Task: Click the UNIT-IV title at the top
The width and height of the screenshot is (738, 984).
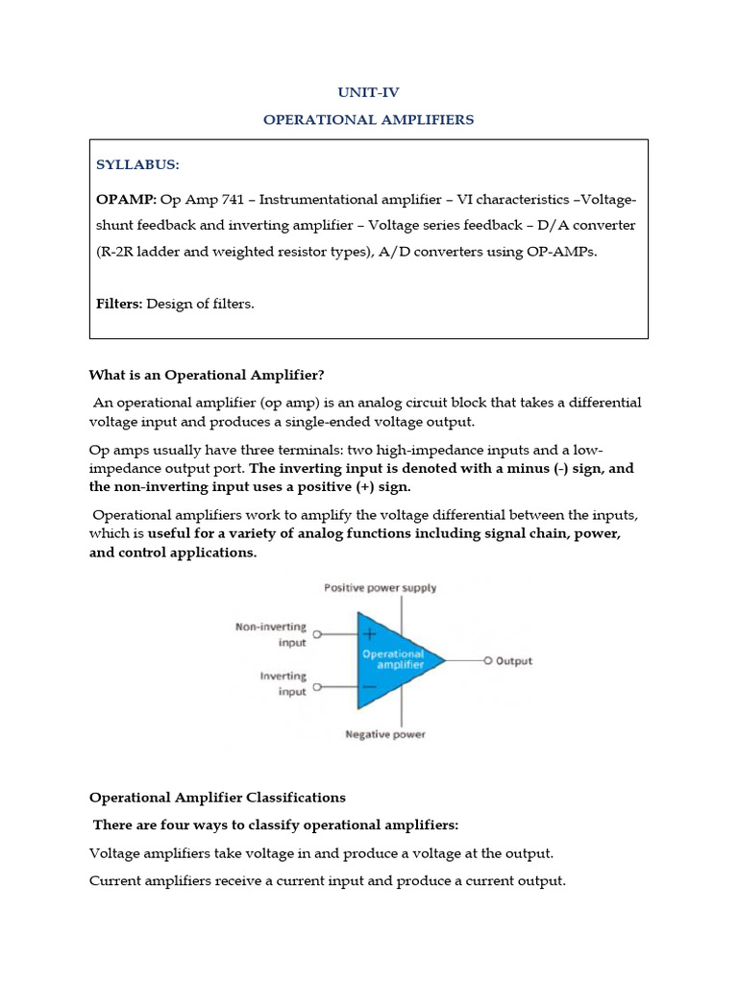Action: coord(368,92)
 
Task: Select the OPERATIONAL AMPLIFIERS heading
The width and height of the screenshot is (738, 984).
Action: coord(369,120)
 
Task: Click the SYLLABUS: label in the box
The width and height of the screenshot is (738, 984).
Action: coord(137,164)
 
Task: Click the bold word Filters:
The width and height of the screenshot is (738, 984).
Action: coord(119,304)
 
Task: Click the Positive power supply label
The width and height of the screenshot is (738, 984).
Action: coord(380,587)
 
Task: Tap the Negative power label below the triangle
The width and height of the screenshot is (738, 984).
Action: coord(384,735)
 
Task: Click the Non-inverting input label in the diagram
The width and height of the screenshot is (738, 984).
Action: coord(271,634)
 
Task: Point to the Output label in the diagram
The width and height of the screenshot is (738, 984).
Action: coord(513,661)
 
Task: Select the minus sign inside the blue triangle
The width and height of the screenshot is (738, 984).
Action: coord(370,687)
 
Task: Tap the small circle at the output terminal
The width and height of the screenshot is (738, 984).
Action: coord(487,661)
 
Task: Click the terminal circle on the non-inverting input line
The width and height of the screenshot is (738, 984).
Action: coord(318,635)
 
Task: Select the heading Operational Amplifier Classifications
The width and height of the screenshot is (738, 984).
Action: coord(217,798)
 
